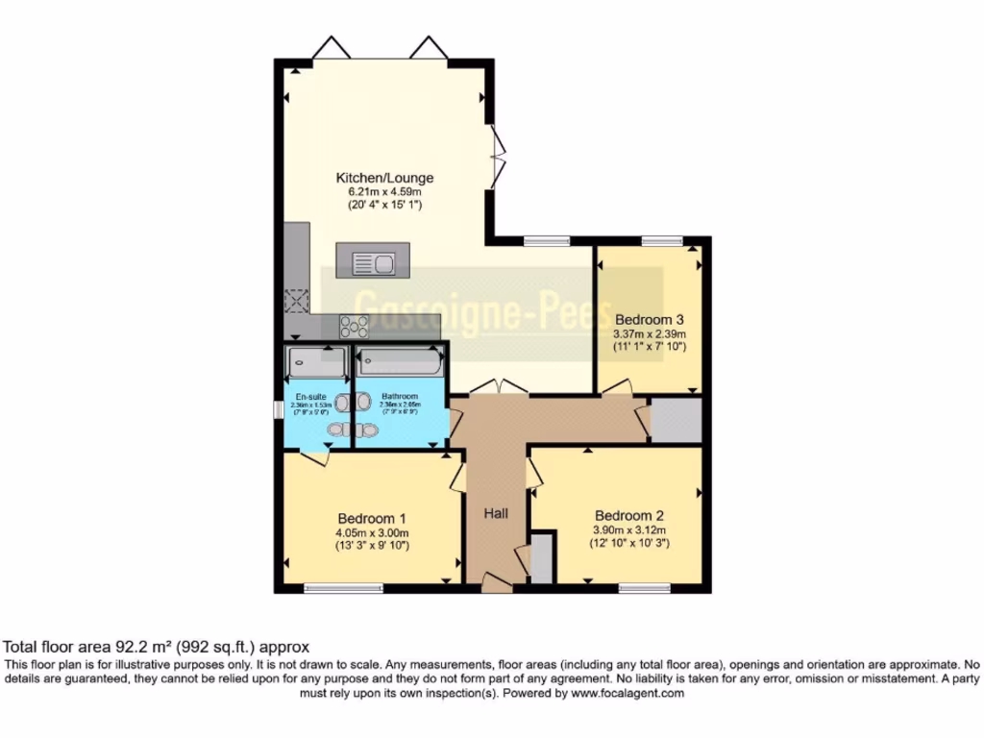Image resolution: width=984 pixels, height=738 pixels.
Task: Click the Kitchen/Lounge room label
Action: [384, 178]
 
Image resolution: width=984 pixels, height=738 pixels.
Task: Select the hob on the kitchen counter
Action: [356, 326]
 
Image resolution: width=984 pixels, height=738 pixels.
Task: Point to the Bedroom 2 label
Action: [629, 514]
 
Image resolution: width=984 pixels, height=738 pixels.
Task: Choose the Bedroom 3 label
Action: [649, 319]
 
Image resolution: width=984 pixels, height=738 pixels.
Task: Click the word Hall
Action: [496, 514]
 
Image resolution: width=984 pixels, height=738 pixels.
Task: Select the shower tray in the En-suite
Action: [316, 363]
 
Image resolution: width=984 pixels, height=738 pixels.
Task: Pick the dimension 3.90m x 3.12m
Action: [629, 529]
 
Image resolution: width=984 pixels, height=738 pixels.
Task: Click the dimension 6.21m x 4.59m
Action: [384, 191]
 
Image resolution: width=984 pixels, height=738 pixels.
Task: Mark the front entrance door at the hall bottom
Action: [497, 580]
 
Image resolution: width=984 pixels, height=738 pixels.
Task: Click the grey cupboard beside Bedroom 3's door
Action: [676, 420]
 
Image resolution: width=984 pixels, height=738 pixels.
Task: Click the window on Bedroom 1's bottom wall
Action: [332, 588]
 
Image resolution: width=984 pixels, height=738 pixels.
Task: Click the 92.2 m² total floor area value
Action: [138, 648]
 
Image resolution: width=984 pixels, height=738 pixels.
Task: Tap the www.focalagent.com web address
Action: [627, 693]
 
